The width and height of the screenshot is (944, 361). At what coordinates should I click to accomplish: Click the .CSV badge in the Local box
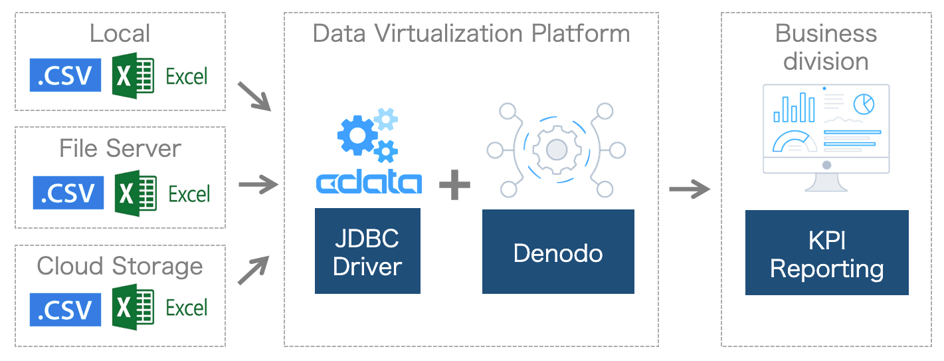point(65,75)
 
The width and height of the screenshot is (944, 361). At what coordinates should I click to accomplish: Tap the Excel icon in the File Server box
point(136,193)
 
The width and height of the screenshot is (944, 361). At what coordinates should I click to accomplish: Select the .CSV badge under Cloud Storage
point(65,309)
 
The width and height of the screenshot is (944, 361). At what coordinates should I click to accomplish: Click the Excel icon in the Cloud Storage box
point(133,307)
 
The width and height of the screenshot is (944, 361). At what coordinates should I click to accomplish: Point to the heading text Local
point(120,33)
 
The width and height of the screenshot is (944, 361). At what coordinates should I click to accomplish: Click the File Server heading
point(120,148)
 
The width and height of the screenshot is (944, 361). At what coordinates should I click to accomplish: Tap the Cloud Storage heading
point(120,266)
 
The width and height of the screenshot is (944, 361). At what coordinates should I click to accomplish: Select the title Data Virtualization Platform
point(471,33)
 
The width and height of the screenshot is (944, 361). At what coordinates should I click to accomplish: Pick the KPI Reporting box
point(826,253)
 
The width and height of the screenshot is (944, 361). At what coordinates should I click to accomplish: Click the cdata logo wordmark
point(368,183)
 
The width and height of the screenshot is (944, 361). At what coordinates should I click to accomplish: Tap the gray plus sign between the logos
point(455,184)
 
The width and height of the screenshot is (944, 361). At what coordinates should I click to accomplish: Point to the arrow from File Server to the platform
point(257,185)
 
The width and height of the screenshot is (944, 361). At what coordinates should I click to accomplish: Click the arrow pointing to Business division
point(689,189)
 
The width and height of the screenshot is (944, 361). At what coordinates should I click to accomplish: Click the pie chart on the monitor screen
point(864,104)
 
